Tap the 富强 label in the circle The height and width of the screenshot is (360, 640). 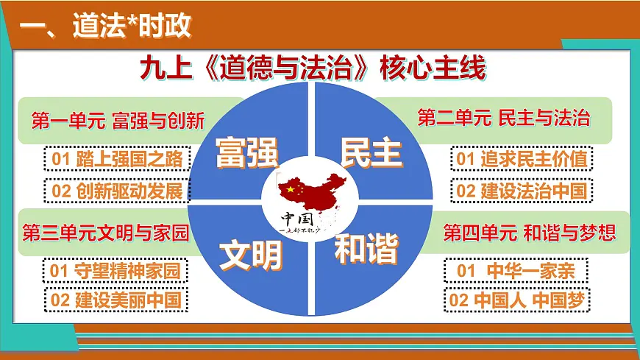[x=246, y=152]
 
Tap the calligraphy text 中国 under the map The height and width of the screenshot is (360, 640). [x=297, y=219]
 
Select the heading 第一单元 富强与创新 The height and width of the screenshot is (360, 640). [x=118, y=120]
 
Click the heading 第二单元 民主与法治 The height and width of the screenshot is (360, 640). [x=504, y=118]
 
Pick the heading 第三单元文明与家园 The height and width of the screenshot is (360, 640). [x=106, y=234]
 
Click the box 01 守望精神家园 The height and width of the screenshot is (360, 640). [x=115, y=271]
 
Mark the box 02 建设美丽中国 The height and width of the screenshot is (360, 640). [x=115, y=300]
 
